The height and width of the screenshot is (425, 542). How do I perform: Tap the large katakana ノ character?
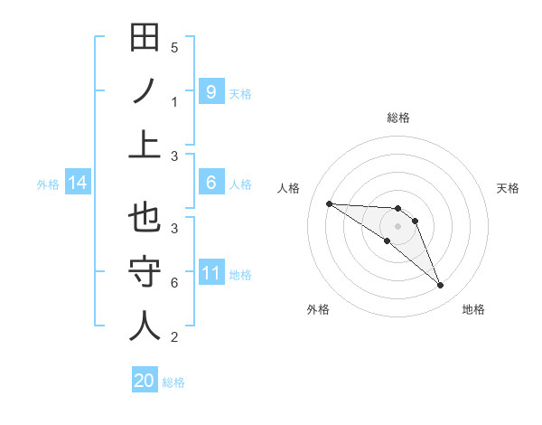[145, 91]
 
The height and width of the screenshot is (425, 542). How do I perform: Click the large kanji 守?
[145, 271]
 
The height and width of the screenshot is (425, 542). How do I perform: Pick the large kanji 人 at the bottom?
[145, 326]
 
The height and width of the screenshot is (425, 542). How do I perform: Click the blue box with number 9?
[210, 91]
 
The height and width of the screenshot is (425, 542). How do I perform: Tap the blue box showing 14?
[78, 184]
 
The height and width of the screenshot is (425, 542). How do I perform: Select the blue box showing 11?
[210, 272]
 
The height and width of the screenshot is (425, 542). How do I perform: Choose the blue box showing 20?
[145, 381]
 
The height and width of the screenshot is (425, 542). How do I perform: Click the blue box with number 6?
[210, 183]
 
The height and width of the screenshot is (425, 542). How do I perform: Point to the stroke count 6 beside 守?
[174, 283]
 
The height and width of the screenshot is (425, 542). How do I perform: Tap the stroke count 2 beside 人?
[174, 337]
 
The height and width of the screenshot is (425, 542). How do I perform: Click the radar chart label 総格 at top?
[397, 118]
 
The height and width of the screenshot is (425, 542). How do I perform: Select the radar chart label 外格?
[318, 309]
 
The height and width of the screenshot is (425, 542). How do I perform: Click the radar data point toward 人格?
[329, 203]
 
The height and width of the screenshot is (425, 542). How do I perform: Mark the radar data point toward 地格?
[440, 286]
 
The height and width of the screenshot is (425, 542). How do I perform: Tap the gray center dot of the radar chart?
[397, 226]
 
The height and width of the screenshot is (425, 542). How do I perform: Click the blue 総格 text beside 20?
[173, 382]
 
